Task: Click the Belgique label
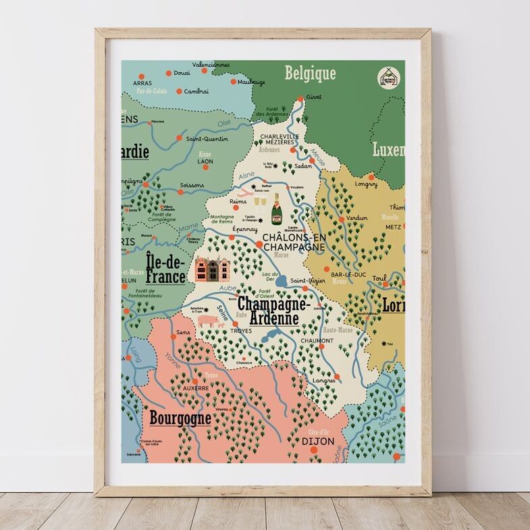pyautogui.click(x=310, y=74)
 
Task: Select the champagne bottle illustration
pyautogui.click(x=277, y=209)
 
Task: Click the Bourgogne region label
pyautogui.click(x=180, y=418)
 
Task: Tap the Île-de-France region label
pyautogui.click(x=165, y=267)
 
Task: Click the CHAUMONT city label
pyautogui.click(x=317, y=340)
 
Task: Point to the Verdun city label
pyautogui.click(x=356, y=218)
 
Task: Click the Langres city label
pyautogui.click(x=323, y=381)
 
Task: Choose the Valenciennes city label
pyautogui.click(x=211, y=65)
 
